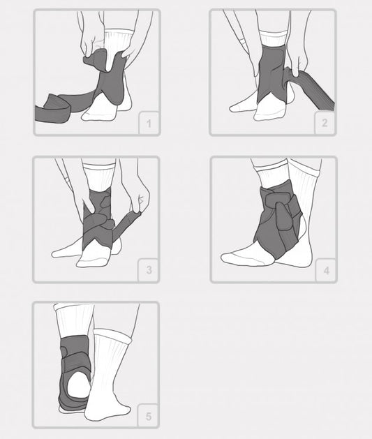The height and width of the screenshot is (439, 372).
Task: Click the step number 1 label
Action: [149, 124]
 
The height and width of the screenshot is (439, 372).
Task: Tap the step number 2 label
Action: [325, 123]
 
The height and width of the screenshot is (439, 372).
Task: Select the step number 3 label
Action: [149, 270]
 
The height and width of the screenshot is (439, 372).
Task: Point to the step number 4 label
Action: [327, 271]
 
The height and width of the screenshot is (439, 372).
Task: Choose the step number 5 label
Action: [149, 417]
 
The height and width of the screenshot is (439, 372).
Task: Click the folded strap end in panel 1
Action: [52, 110]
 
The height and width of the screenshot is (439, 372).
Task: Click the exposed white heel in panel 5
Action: [77, 385]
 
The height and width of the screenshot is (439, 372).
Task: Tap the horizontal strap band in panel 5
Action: [75, 364]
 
